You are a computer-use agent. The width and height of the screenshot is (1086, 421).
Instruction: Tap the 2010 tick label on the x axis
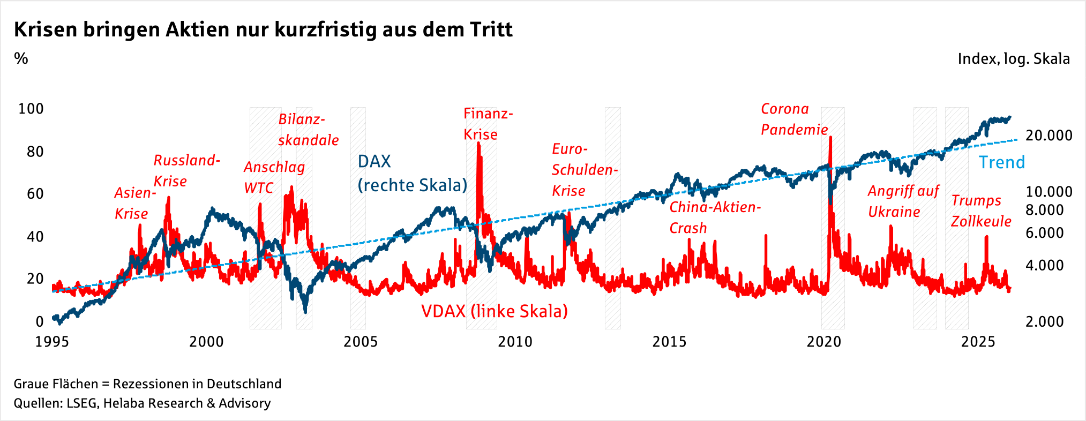[515, 342]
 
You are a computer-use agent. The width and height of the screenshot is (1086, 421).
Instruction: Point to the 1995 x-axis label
[52, 342]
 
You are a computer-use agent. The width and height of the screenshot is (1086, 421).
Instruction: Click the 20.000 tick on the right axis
[1048, 136]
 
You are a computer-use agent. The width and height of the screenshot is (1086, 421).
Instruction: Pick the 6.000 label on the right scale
[1044, 233]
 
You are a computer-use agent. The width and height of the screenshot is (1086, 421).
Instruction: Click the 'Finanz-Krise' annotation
[488, 124]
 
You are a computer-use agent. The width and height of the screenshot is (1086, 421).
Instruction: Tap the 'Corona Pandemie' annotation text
[794, 119]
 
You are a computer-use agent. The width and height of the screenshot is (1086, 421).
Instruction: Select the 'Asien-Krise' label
[134, 204]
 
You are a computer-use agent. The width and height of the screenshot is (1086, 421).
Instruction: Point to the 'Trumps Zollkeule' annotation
[980, 211]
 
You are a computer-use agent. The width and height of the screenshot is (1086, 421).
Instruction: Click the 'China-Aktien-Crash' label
[715, 217]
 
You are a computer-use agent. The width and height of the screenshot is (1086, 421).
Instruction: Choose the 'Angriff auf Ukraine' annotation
[903, 201]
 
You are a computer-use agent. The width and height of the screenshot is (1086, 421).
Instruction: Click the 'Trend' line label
[1001, 162]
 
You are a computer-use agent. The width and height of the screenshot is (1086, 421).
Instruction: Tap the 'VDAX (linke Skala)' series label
[494, 311]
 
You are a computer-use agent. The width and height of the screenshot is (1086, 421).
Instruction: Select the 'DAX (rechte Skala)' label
[411, 174]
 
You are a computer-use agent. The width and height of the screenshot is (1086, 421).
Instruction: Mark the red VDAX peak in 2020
[830, 138]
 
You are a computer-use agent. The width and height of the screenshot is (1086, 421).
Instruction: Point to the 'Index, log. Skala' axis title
[1013, 59]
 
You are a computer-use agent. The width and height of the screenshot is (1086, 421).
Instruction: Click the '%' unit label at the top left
[21, 58]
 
